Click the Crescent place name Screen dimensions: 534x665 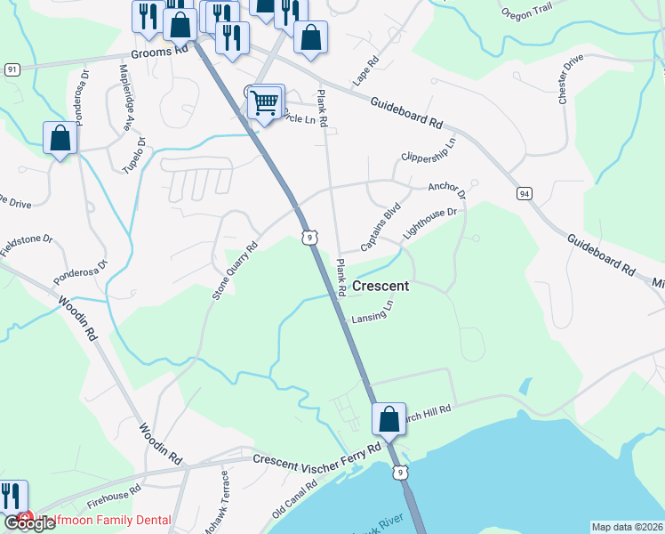(x=381, y=286)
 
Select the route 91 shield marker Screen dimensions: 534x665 (x=11, y=69)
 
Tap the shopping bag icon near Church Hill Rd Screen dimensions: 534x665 (x=389, y=418)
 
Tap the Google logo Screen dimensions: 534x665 (x=29, y=522)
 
